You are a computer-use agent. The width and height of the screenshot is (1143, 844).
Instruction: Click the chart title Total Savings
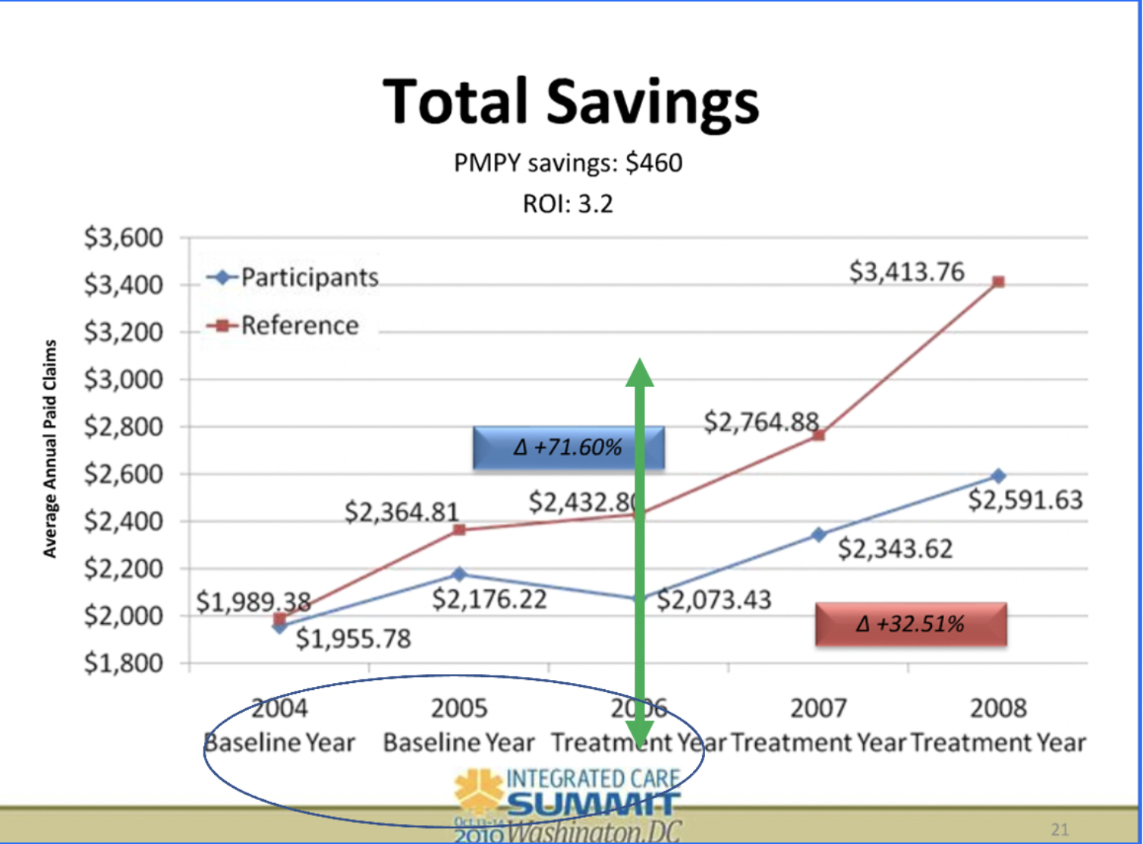[x=571, y=102]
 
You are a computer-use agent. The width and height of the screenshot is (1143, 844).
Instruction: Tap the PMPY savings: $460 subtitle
[x=568, y=163]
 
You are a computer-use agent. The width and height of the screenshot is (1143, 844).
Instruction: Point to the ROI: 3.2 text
[x=568, y=204]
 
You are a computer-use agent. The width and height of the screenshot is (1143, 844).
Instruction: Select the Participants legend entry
[x=294, y=278]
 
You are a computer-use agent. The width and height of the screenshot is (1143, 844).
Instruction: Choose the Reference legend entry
[x=284, y=326]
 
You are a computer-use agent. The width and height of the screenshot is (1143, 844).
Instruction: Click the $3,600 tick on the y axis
[x=124, y=238]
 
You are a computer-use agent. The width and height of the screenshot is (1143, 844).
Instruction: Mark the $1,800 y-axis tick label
[x=124, y=663]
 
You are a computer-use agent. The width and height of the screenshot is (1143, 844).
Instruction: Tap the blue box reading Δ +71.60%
[x=568, y=448]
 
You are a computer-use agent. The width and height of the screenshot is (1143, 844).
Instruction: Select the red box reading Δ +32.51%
[x=911, y=625]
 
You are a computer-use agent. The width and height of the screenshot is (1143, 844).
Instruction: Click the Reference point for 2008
[x=999, y=282]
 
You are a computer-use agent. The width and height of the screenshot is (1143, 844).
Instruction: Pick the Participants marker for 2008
[x=999, y=476]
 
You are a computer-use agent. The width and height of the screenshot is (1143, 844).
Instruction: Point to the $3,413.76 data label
[x=907, y=272]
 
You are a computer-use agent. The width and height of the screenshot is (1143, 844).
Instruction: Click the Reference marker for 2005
[x=459, y=530]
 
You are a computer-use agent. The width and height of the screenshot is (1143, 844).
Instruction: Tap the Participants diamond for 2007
[x=818, y=535]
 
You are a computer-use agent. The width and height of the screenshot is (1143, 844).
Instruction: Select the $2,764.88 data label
[x=761, y=422]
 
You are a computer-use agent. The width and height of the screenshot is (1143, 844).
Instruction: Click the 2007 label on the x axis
[x=818, y=708]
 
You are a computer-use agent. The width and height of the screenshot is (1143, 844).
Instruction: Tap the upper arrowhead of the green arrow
[x=640, y=373]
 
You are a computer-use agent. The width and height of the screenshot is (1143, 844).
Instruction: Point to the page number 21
[x=1060, y=830]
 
